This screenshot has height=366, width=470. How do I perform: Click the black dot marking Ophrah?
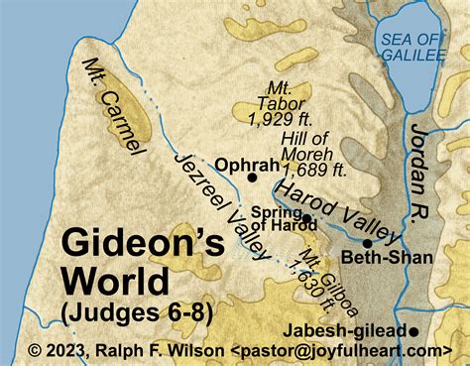[253, 178]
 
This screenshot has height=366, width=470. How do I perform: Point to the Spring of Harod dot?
[306, 218]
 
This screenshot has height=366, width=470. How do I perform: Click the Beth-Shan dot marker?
[367, 243]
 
